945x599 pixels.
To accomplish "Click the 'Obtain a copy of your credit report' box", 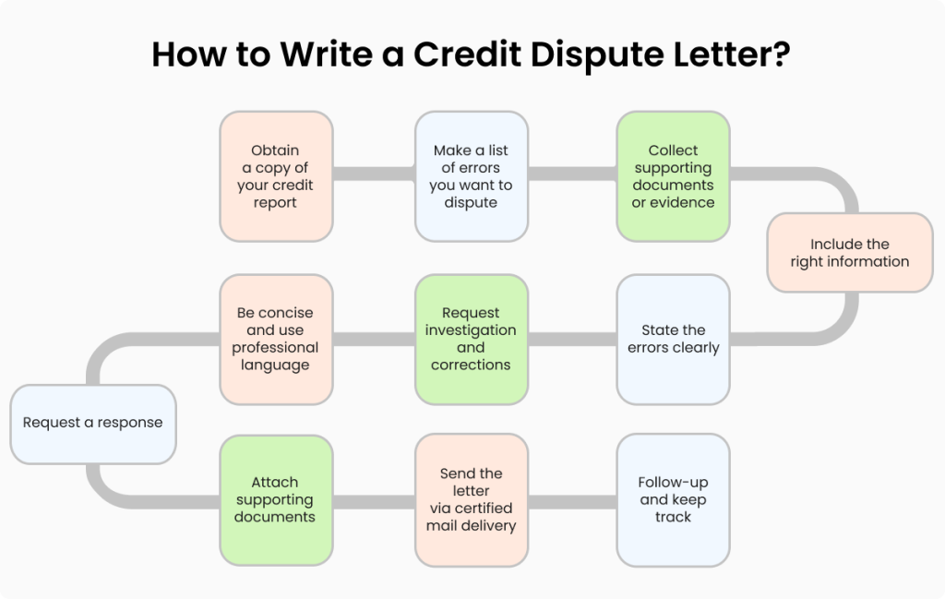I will pos(276,176).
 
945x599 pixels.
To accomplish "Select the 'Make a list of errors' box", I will pos(471,176).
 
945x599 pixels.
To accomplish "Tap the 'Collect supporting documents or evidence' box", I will pos(673,176).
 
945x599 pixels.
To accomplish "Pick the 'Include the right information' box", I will pos(849,253).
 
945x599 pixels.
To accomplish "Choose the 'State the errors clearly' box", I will pos(673,339).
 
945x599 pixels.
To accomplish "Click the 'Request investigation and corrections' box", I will pos(471,339).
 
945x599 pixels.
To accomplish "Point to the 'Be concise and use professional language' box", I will pos(276,339).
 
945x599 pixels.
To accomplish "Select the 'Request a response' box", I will pos(92,423).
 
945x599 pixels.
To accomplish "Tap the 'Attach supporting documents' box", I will pos(276,499).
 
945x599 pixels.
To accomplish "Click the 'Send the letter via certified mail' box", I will pos(471,499).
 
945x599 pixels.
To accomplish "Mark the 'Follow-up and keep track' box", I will pos(673,499).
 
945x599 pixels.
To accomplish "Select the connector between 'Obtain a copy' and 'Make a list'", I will pos(373,173).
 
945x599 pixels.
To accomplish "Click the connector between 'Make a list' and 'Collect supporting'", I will pos(572,173).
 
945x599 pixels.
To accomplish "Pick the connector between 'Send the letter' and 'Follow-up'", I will pos(572,503).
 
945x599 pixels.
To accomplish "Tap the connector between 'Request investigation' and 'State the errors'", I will pos(572,339).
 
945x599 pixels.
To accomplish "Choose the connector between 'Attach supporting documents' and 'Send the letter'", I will pos(373,503).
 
